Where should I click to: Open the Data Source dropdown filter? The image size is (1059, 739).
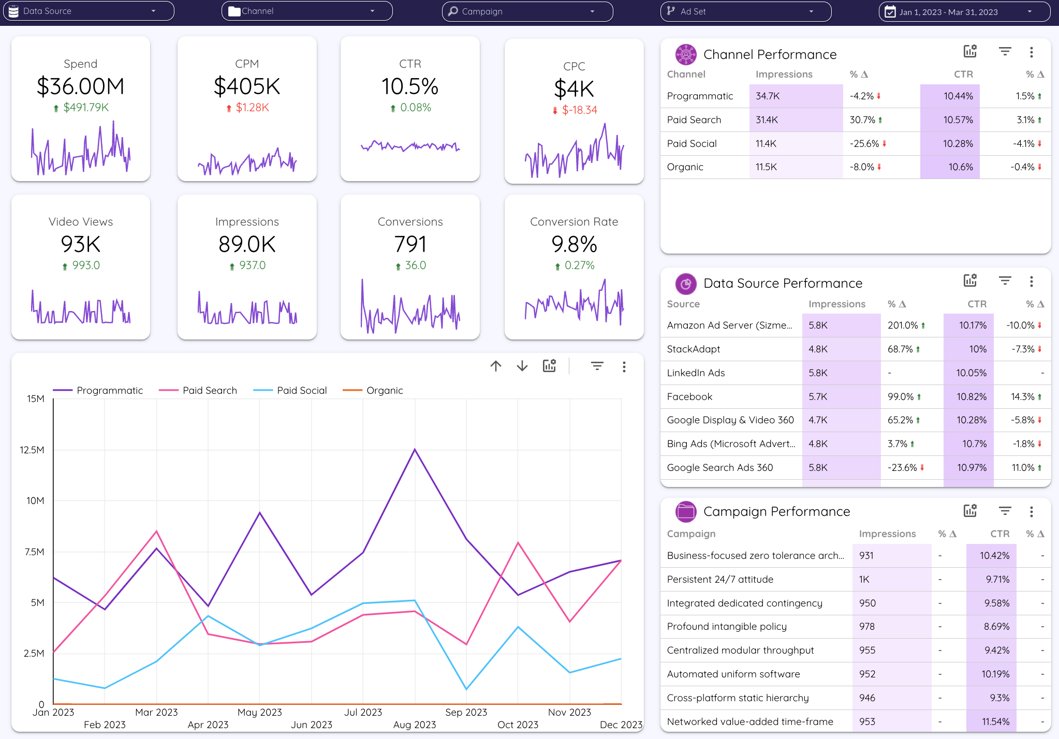click(88, 11)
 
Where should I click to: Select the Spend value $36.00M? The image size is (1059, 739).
click(80, 86)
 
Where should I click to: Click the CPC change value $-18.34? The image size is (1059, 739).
click(579, 110)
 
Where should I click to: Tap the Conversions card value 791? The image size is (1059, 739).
click(410, 244)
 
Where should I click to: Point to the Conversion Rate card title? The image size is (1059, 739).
click(574, 221)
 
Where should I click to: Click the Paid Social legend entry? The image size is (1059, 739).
click(301, 390)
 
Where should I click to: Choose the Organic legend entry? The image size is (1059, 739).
click(384, 390)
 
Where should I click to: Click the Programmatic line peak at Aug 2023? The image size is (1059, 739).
click(415, 449)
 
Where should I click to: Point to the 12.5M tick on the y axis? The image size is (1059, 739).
click(32, 450)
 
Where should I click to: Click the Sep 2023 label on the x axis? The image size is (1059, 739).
click(466, 712)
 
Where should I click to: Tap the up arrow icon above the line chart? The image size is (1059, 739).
click(495, 366)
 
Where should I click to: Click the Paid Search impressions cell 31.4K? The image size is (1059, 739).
click(767, 120)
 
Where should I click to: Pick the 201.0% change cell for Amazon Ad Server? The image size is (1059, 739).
click(903, 325)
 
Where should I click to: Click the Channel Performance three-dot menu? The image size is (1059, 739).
click(1031, 52)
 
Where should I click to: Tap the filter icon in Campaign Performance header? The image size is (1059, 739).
click(1005, 511)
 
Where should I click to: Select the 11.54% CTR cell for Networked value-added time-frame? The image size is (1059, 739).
click(995, 721)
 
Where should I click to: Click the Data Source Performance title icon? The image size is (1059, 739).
click(685, 284)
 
